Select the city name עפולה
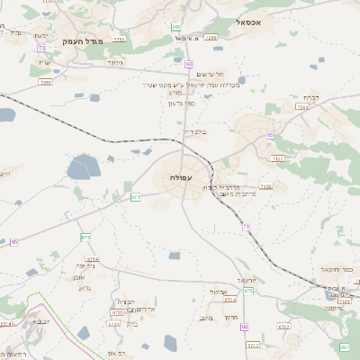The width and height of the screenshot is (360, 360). click(179, 178)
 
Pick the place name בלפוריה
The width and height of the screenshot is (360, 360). click(195, 131)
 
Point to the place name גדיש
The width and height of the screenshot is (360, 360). click(85, 288)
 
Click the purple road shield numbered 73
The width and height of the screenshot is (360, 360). click(41, 48)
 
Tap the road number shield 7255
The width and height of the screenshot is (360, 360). click(45, 82)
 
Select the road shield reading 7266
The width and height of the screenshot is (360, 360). click(211, 38)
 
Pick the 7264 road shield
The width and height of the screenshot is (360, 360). click(301, 106)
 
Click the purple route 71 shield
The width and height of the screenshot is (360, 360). click(246, 226)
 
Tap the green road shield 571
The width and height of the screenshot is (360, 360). click(135, 196)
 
